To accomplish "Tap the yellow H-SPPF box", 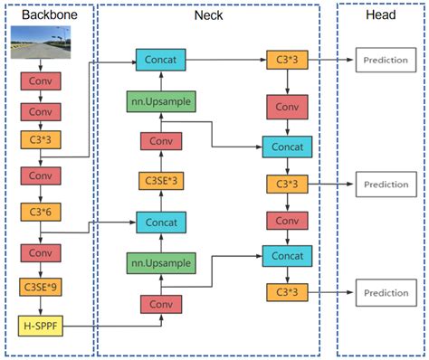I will tap(40, 323).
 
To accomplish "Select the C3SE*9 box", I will tap(40, 289).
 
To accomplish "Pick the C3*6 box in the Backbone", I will tap(40, 212).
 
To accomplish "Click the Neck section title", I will tap(208, 16).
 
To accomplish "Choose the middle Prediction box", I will tap(385, 184).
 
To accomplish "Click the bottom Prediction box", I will tap(385, 292).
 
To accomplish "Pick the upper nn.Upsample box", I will tap(159, 100).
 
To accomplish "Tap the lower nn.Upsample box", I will tap(159, 263).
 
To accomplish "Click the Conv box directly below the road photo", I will tap(40, 81).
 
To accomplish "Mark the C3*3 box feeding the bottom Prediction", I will tap(285, 292).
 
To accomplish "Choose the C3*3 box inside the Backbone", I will tap(40, 140).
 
